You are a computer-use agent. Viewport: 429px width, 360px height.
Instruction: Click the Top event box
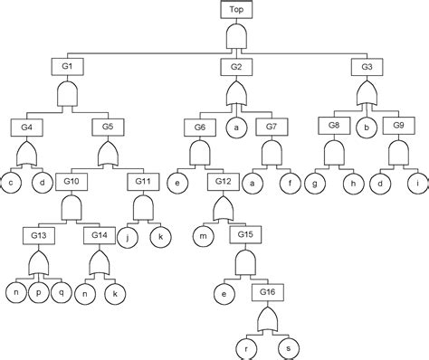236,10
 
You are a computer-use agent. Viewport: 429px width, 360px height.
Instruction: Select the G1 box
67,67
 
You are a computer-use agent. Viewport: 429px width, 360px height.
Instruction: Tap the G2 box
236,67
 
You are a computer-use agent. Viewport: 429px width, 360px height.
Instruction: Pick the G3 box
367,67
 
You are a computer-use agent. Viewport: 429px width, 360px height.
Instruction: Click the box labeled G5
108,126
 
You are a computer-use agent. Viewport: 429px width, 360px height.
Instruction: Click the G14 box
100,234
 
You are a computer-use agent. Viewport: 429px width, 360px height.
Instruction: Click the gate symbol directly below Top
236,37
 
